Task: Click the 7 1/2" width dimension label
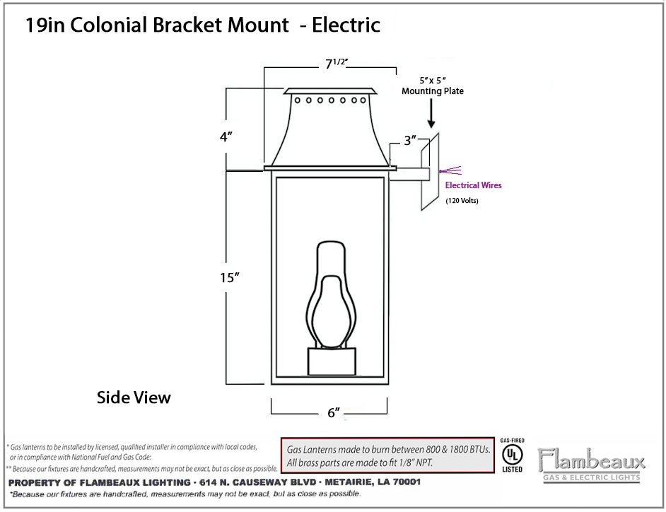(337, 64)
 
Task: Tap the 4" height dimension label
(226, 136)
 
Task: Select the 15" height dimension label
(230, 277)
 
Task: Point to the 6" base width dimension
(334, 412)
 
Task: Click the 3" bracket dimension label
(410, 140)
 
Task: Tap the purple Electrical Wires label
(473, 185)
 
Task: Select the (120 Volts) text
(462, 201)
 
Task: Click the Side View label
(134, 397)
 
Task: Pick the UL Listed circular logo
(513, 455)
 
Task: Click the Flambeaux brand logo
(591, 465)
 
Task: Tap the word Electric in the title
(346, 25)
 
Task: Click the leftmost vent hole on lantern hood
(298, 100)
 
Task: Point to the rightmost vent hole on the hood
(363, 100)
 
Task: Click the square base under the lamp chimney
(332, 361)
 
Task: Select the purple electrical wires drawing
(450, 171)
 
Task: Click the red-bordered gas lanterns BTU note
(387, 455)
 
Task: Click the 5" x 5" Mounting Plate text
(433, 86)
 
